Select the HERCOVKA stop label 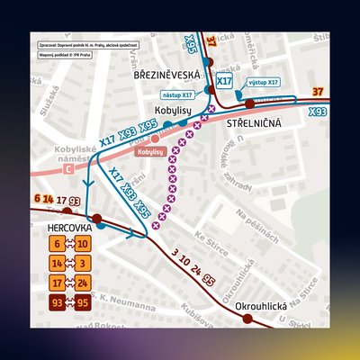(x=67, y=229)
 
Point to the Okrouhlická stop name (x=261, y=307)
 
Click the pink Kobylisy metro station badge (x=151, y=152)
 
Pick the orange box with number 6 (x=57, y=244)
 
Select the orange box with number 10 (x=82, y=244)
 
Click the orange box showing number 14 (x=57, y=263)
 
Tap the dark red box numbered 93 (x=57, y=301)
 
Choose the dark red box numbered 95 (x=82, y=301)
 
